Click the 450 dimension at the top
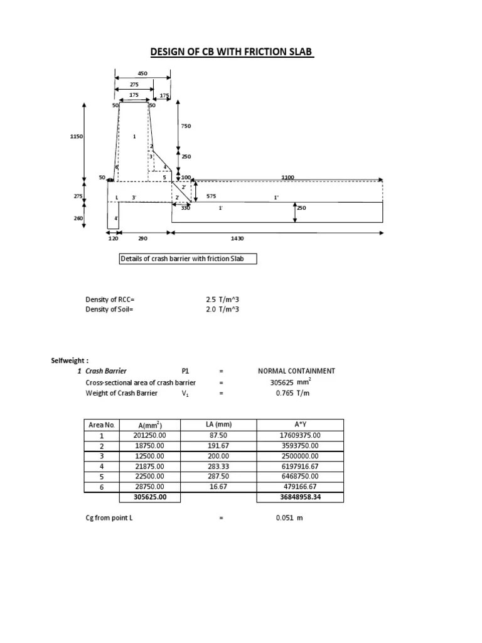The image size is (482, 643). [x=142, y=73]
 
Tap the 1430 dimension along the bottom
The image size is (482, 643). [x=237, y=239]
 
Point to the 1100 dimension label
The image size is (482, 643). [x=287, y=178]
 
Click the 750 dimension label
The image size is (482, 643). [x=186, y=126]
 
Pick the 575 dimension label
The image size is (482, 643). [x=211, y=197]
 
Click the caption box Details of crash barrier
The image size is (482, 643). [x=188, y=259]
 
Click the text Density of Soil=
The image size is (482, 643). [x=110, y=310]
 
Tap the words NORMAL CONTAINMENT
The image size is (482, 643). [x=296, y=371]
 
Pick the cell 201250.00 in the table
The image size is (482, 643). [x=149, y=435]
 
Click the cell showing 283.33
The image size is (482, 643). [x=218, y=466]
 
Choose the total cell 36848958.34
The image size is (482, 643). [x=300, y=497]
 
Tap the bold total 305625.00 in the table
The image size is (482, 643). [x=149, y=497]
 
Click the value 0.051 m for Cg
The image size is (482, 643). [x=289, y=518]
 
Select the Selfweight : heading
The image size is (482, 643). [x=70, y=360]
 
